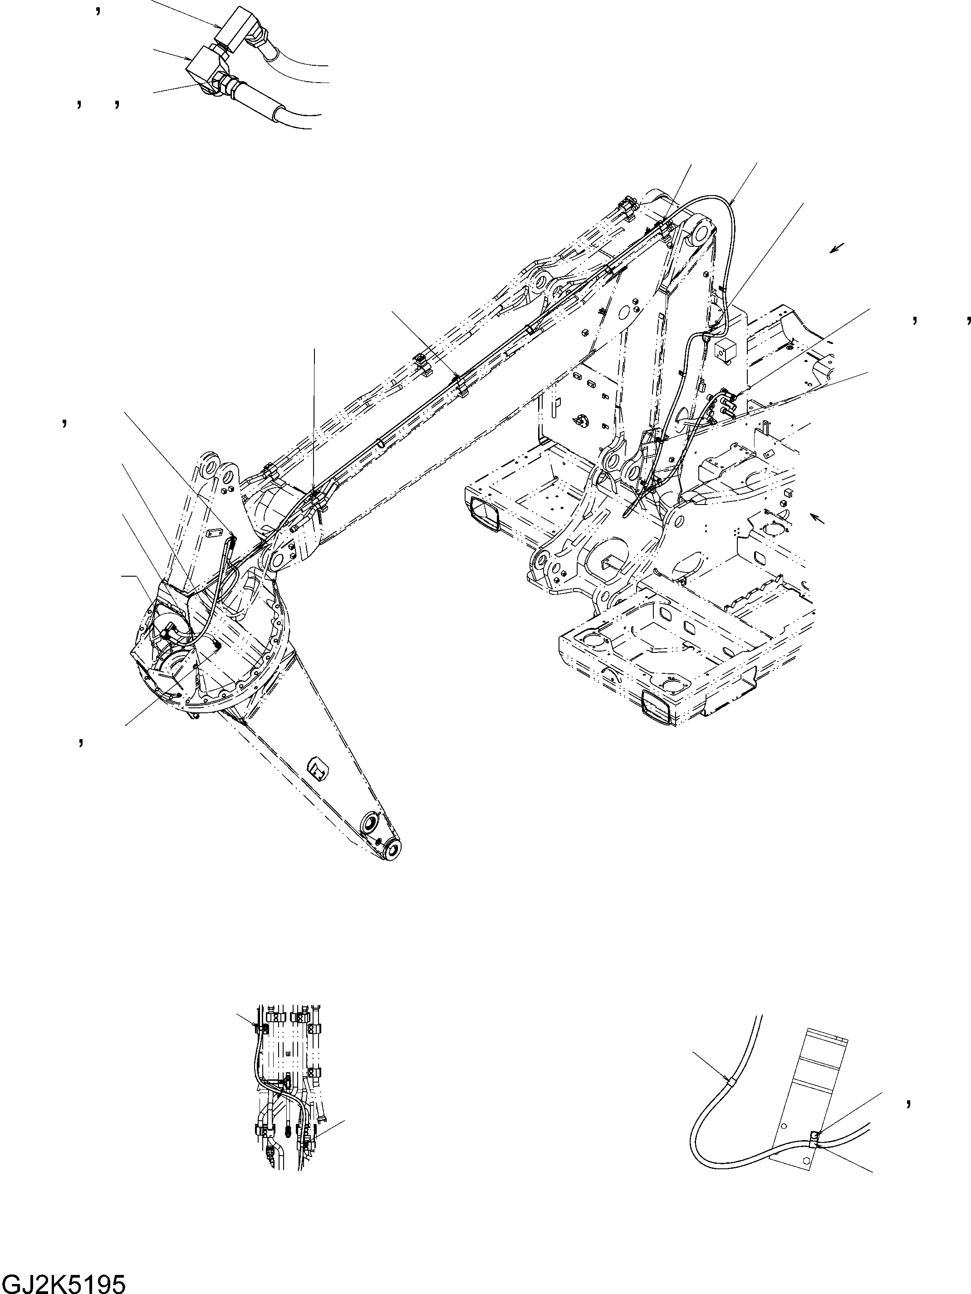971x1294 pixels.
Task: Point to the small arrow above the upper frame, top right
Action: point(838,249)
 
